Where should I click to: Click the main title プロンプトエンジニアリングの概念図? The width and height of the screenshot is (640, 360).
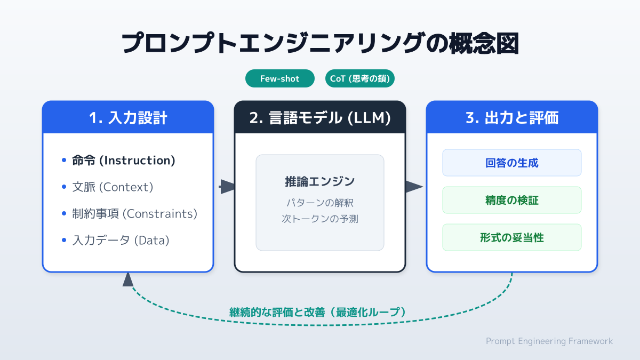click(320, 44)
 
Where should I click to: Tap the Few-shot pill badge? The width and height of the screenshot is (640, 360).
click(279, 79)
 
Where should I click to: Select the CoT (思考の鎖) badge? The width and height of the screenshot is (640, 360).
click(359, 79)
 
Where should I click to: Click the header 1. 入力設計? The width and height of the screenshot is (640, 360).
click(128, 118)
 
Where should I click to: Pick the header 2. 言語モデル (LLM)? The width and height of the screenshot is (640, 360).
click(320, 118)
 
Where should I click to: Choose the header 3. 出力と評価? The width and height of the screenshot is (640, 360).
click(512, 118)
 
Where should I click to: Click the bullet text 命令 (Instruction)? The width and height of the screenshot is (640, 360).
click(124, 161)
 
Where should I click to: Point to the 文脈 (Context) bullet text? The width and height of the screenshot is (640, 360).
click(113, 187)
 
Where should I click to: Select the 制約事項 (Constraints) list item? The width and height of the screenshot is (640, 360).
click(134, 214)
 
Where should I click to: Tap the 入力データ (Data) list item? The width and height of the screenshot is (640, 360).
click(121, 241)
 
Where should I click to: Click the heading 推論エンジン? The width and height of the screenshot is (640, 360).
click(320, 181)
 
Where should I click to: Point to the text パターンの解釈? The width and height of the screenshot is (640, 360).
click(320, 203)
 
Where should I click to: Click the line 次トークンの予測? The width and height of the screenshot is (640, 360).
click(320, 219)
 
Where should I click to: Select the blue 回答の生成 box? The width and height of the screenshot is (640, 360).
click(512, 163)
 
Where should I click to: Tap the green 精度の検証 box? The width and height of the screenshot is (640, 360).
click(512, 200)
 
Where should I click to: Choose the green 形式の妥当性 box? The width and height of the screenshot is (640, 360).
click(512, 237)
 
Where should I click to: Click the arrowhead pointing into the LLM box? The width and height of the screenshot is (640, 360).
click(228, 187)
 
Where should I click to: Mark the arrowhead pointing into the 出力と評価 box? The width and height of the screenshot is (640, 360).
click(414, 187)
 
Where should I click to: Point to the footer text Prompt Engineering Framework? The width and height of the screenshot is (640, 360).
click(549, 341)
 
